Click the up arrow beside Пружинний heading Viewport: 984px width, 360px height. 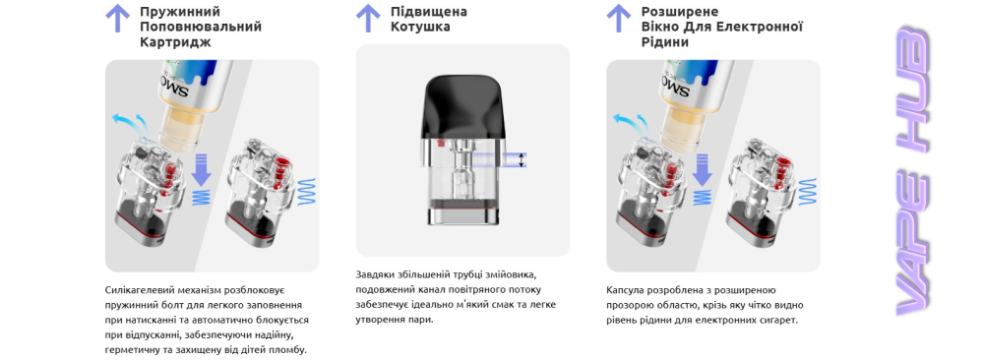[117, 18]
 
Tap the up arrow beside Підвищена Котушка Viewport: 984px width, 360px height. [368, 18]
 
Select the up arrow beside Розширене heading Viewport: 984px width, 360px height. [618, 18]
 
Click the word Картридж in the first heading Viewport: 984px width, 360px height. [175, 42]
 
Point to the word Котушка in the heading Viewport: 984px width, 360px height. [420, 28]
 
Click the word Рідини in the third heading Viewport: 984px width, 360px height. [664, 42]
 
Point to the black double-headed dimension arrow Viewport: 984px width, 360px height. [521, 160]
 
